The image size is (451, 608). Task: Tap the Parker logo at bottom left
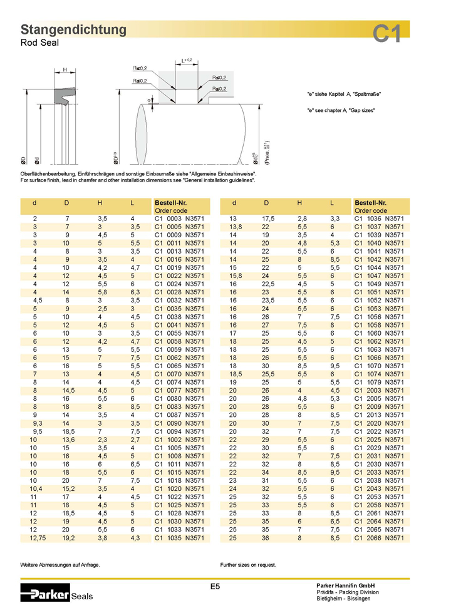[x=45, y=591]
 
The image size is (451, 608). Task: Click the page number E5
[x=214, y=587]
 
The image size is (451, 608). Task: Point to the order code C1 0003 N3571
[x=180, y=219]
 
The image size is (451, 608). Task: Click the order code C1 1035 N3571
[x=180, y=537]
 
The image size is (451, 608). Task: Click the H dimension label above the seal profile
[x=65, y=70]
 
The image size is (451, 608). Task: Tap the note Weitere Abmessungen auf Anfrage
[x=60, y=564]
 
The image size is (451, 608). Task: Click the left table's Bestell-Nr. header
[x=170, y=203]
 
